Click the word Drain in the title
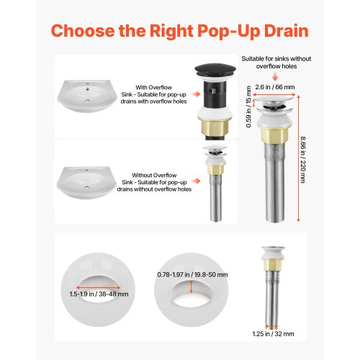pyautogui.click(x=286, y=31)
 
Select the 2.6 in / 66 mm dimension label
pyautogui.click(x=275, y=87)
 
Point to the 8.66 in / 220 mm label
pyautogui.click(x=303, y=160)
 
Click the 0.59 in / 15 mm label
pyautogui.click(x=249, y=107)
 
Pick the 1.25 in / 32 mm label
pyautogui.click(x=273, y=333)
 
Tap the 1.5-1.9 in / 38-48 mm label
pyautogui.click(x=99, y=294)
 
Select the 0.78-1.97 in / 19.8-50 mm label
pyautogui.click(x=192, y=274)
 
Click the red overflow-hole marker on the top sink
pyautogui.click(x=88, y=89)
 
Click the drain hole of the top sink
pyautogui.click(x=87, y=101)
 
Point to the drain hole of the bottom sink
pyautogui.click(x=87, y=187)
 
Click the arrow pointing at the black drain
pyautogui.click(x=196, y=94)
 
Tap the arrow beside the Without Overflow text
pyautogui.click(x=196, y=181)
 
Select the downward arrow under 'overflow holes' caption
pyautogui.click(x=275, y=76)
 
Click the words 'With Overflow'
pyautogui.click(x=153, y=87)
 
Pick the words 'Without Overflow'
pyautogui.click(x=154, y=175)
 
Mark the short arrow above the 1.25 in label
pyautogui.click(x=271, y=327)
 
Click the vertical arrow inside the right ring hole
pyautogui.click(x=191, y=287)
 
